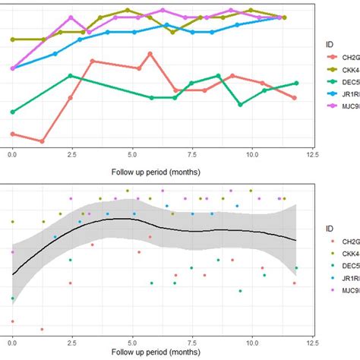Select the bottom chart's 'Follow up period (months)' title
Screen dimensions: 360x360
click(x=162, y=354)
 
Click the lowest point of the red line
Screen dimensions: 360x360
click(x=42, y=141)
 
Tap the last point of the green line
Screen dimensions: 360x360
click(x=295, y=84)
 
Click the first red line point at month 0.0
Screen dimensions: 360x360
click(x=12, y=134)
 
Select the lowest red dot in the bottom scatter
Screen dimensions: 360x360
click(x=42, y=329)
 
